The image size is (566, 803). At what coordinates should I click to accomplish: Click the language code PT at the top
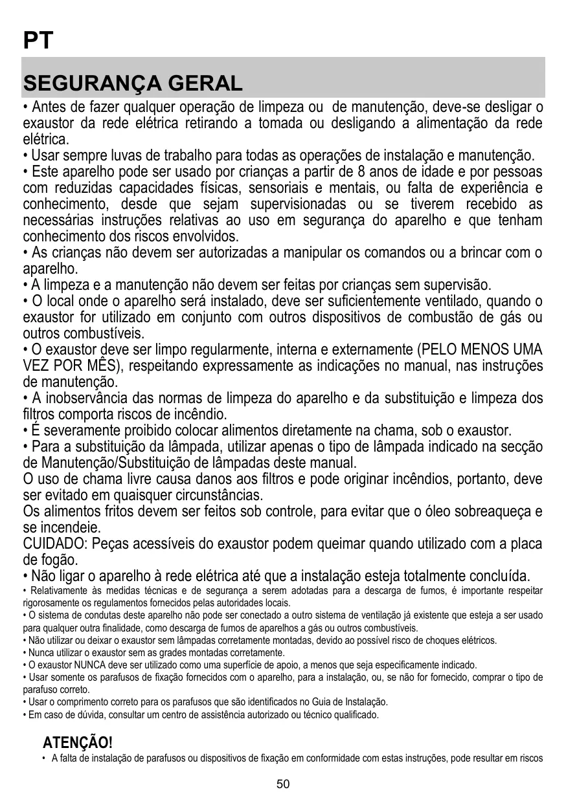37,41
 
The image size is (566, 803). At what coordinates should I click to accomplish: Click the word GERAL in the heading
206,83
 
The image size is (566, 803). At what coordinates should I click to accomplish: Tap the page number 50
283,784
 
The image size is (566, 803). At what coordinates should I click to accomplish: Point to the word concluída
495,576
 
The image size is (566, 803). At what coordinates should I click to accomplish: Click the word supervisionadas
298,204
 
